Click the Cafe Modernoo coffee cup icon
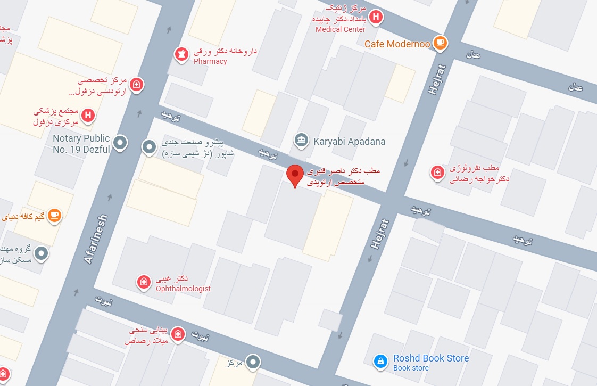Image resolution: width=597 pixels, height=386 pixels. coord(440,43)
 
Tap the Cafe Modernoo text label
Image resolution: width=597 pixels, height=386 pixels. coord(397,44)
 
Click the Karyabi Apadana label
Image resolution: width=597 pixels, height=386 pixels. coord(349,142)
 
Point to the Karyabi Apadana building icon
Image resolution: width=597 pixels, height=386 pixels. coord(301,141)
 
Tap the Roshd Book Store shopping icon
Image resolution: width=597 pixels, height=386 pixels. coord(380,362)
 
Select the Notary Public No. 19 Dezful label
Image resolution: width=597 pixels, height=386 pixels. coord(81,144)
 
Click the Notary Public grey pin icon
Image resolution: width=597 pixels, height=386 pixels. coord(121,142)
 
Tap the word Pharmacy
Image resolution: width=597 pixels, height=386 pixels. coord(210,61)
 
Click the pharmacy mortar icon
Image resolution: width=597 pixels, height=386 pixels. coord(181,54)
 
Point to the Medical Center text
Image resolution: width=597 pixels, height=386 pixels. coord(341,29)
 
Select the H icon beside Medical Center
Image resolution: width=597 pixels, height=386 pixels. coord(376,17)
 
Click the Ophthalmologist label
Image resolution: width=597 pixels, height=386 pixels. coord(183,289)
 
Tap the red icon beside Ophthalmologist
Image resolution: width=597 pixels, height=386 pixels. coord(143,282)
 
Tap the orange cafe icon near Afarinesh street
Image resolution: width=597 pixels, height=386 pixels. coord(54,216)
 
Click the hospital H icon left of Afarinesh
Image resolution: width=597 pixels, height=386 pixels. coord(88,115)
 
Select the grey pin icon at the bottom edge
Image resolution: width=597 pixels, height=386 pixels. coord(254,363)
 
